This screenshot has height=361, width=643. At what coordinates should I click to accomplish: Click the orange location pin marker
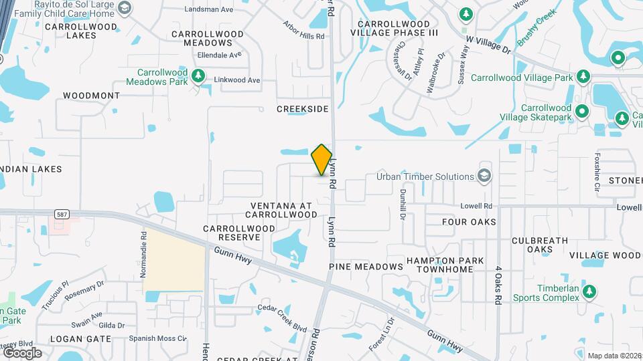322,160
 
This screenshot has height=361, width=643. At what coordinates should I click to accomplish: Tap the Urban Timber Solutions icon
484,176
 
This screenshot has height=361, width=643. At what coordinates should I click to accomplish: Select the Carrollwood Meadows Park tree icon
197,76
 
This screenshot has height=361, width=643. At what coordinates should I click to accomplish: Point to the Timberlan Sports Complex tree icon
589,291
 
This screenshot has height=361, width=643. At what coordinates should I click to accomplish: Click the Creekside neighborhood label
303,108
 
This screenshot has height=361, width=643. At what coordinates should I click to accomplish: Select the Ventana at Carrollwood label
281,210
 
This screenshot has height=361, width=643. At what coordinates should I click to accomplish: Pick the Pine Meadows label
366,266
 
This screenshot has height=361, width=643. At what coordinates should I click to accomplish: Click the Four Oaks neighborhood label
469,221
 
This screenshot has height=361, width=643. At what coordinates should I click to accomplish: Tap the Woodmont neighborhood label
91,96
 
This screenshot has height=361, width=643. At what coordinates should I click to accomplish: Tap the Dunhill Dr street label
403,203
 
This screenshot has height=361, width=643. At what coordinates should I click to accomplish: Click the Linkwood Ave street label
236,80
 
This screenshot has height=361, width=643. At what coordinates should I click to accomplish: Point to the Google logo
22,352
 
